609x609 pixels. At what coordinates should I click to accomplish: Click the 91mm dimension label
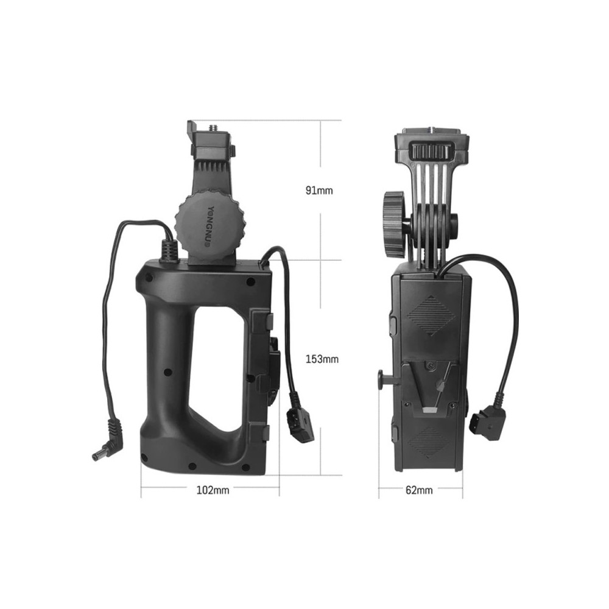point(319,190)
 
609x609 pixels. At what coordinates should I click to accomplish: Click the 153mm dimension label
point(322,359)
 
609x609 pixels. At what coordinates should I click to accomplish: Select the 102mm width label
point(213,490)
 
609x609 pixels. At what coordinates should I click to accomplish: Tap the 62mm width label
point(419,490)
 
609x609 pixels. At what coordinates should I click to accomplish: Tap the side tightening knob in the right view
point(395,224)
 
